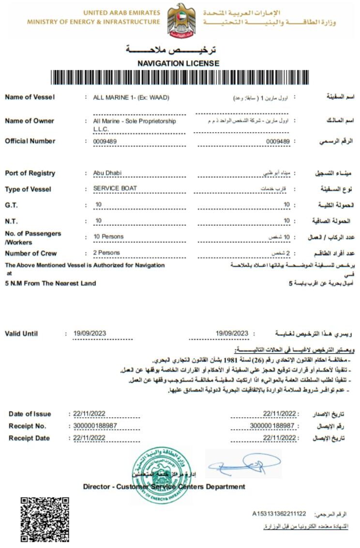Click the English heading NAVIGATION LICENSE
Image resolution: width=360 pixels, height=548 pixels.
(178, 63)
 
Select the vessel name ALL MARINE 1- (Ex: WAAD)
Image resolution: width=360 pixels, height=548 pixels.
(131, 97)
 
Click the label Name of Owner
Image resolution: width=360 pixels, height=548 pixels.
(30, 121)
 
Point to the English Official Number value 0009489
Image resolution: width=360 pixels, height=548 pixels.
(105, 141)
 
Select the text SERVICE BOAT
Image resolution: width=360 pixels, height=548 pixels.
(115, 188)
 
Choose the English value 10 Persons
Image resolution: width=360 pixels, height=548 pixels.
(109, 237)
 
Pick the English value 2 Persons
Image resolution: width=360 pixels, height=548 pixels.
(107, 253)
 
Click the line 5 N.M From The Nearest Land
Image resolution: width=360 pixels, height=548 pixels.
(50, 283)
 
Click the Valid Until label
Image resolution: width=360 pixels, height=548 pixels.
(21, 334)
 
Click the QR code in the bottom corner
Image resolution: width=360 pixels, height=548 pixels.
(44, 519)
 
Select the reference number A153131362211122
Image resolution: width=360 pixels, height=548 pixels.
(279, 513)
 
